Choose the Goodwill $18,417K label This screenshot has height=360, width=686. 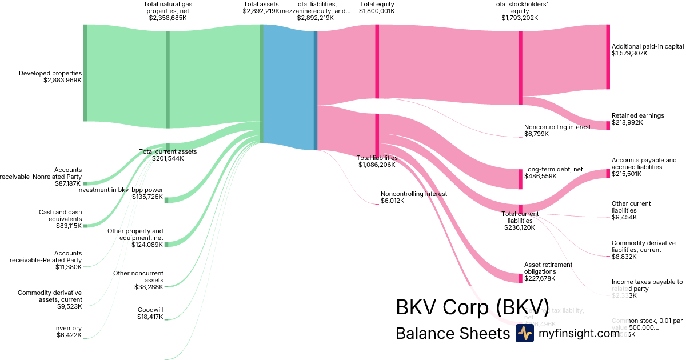pyautogui.click(x=150, y=313)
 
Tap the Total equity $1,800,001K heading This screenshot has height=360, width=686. pyautogui.click(x=377, y=7)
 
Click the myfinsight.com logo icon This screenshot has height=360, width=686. pyautogui.click(x=524, y=333)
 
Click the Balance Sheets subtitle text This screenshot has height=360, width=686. pyautogui.click(x=452, y=333)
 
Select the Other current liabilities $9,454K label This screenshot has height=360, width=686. pyautogui.click(x=631, y=210)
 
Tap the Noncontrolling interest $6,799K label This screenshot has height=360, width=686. pyautogui.click(x=557, y=130)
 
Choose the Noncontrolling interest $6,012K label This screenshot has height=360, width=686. pyautogui.click(x=413, y=197)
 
